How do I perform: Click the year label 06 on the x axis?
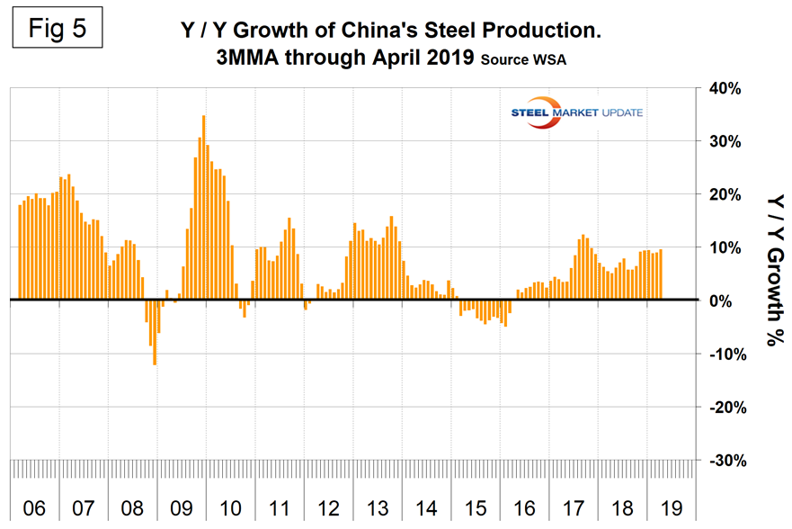[33, 508]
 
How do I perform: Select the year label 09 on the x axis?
[181, 508]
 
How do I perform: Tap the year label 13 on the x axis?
[378, 508]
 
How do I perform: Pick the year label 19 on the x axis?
[672, 508]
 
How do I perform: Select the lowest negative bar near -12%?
[155, 332]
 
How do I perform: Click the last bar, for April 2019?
[661, 274]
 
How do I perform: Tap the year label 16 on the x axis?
[524, 508]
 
